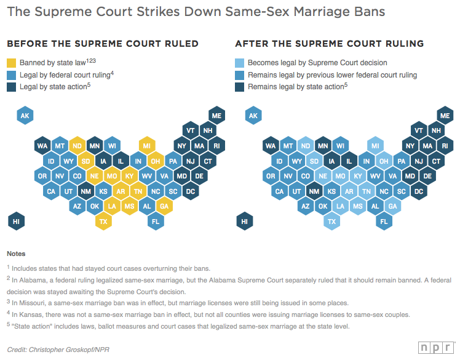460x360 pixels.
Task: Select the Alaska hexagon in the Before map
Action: pos(25,116)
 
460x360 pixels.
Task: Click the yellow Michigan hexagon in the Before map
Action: pos(146,146)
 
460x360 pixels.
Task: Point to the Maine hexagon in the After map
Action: pos(445,116)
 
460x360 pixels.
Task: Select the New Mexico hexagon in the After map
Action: pos(314,191)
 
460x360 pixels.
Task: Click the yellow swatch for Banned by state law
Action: pos(12,63)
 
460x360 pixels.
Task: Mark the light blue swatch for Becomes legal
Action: pos(240,63)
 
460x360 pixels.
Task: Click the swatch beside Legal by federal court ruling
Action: pos(12,75)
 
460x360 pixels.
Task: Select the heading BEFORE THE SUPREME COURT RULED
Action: pos(102,44)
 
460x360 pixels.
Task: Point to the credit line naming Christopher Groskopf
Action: pos(54,349)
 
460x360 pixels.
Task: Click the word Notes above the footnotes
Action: pos(16,254)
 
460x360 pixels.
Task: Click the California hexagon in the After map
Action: pos(279,191)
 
